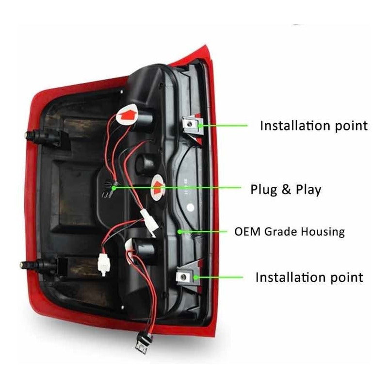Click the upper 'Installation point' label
[314, 126]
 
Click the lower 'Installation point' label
[309, 277]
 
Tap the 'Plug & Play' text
[286, 189]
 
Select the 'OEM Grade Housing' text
[290, 231]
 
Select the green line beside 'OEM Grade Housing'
[204, 231]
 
